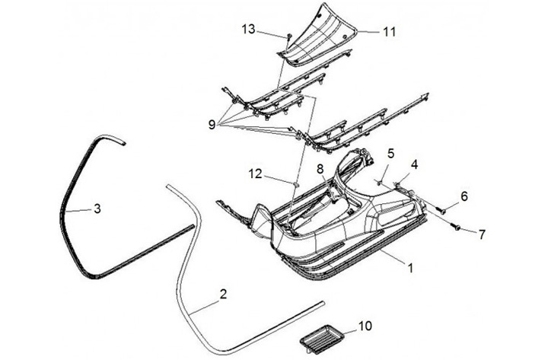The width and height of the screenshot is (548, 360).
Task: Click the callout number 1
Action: (411, 268)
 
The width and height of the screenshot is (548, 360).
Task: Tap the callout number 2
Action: (222, 293)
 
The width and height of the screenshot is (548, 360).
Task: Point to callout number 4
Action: (415, 164)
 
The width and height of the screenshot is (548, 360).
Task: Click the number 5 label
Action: (390, 153)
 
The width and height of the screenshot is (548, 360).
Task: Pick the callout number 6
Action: (464, 196)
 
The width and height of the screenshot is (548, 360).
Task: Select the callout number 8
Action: (320, 169)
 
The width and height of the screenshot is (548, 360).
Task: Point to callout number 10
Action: (365, 327)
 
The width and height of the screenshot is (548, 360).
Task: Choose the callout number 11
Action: (389, 33)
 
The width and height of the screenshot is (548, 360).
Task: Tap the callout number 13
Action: (249, 29)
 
